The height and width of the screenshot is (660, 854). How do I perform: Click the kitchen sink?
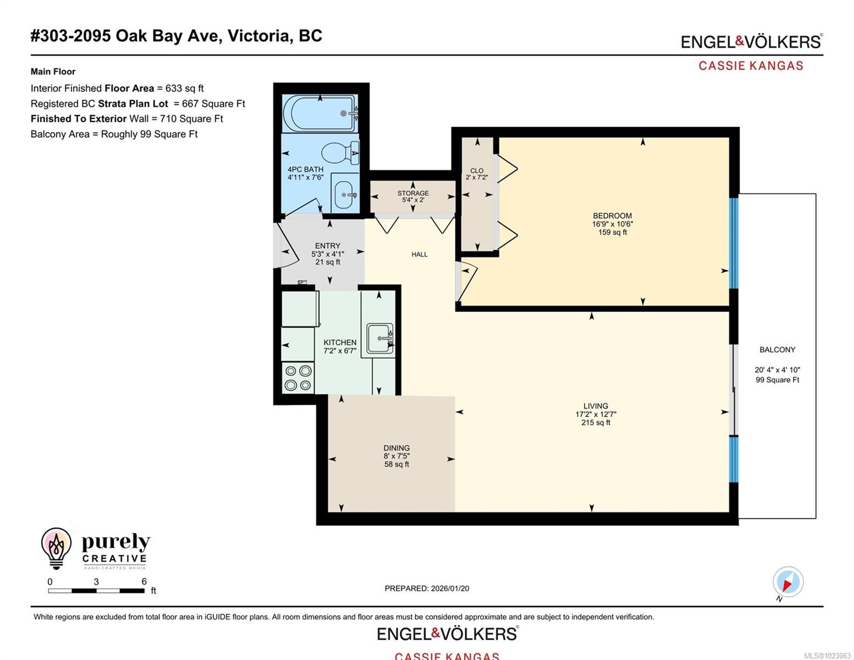point(379,338)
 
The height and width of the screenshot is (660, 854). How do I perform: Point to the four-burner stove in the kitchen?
point(297,378)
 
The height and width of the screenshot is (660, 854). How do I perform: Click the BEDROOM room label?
point(612,216)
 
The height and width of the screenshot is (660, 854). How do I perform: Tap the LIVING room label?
point(596,406)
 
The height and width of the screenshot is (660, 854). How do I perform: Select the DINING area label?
point(396,448)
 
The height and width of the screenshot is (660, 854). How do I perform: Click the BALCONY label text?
point(777,350)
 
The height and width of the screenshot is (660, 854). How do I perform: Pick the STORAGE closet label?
point(413,193)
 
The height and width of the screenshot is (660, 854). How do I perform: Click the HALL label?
point(419,255)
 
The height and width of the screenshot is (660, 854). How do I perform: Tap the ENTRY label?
point(327,246)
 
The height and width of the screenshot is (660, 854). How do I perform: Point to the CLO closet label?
point(477,170)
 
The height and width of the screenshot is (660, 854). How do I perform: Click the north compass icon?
point(787,582)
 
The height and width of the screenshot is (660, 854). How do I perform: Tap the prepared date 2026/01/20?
point(449,588)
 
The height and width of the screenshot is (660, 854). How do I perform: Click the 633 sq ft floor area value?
point(184,89)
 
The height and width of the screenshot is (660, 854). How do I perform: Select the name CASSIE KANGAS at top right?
point(751,66)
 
